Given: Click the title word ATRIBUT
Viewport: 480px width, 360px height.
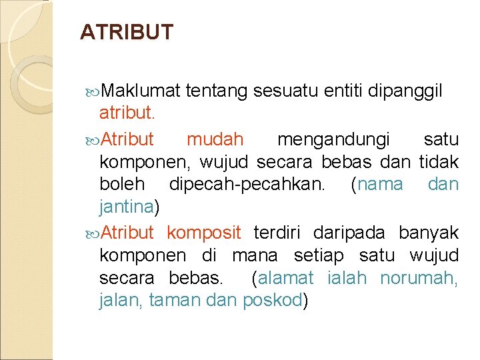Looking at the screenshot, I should point(126,32).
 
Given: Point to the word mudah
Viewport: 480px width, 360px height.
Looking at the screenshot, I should point(215,140).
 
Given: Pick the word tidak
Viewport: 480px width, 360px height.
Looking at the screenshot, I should point(439,161).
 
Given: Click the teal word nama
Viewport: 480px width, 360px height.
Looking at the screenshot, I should point(380,184).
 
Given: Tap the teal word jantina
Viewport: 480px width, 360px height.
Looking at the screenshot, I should point(126,207).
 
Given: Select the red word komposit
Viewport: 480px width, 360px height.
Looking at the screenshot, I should point(203,232).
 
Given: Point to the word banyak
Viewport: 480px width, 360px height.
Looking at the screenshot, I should point(429,232).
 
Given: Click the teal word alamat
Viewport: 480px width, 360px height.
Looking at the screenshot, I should point(287,277).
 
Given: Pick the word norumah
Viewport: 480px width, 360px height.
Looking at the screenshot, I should point(418,277).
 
